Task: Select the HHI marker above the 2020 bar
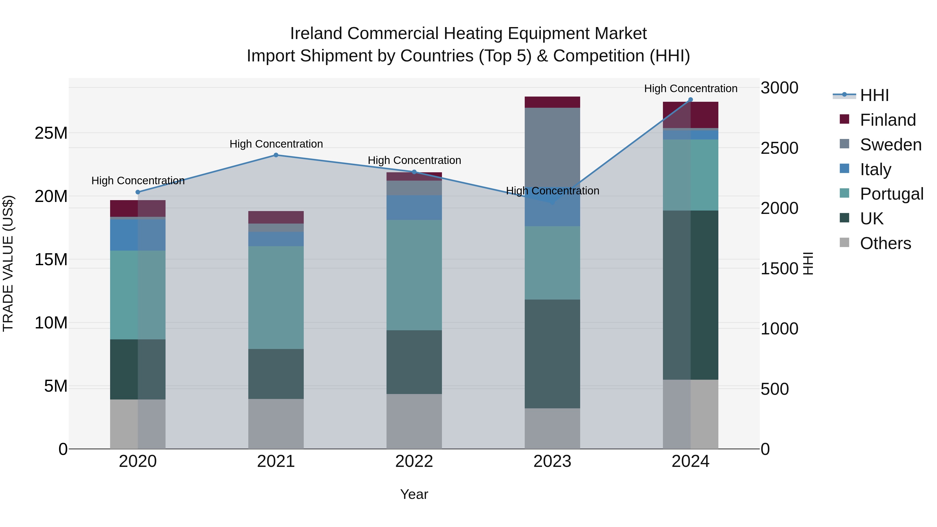click(138, 192)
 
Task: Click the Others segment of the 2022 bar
click(414, 421)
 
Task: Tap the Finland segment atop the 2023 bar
click(552, 102)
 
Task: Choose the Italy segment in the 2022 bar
click(414, 207)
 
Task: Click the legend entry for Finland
click(888, 120)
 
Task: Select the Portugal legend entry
click(891, 194)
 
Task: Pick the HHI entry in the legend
click(874, 95)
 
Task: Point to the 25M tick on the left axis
click(51, 133)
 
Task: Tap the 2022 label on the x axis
click(414, 461)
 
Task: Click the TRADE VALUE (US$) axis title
click(8, 263)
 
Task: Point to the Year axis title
click(414, 494)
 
